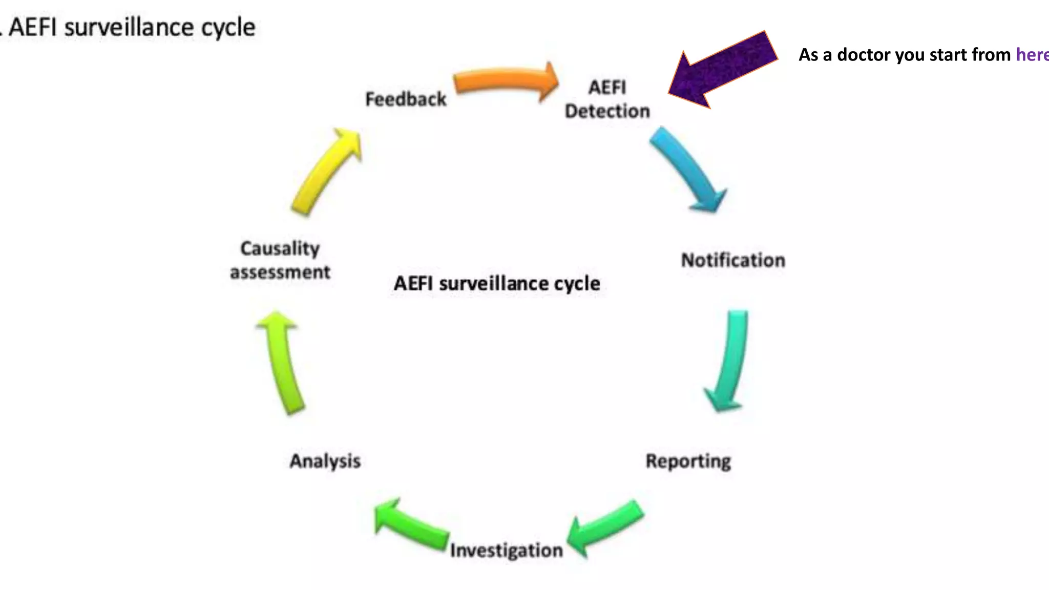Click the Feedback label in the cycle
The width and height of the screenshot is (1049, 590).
coord(405,99)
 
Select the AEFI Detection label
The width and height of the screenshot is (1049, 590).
coord(607,99)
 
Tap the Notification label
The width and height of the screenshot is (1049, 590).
coord(732,260)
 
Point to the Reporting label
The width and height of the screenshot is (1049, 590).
coord(688,461)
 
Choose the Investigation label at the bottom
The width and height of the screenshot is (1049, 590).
coord(506,550)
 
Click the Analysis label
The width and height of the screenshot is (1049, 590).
coord(325,461)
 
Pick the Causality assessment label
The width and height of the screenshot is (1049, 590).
coord(280,260)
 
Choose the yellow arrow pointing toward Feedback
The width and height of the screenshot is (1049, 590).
coord(328,172)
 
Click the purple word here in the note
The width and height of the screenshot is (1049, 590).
coord(1032,55)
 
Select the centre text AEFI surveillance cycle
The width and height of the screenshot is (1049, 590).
coord(496,283)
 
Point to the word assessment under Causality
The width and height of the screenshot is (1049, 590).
coord(280,272)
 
